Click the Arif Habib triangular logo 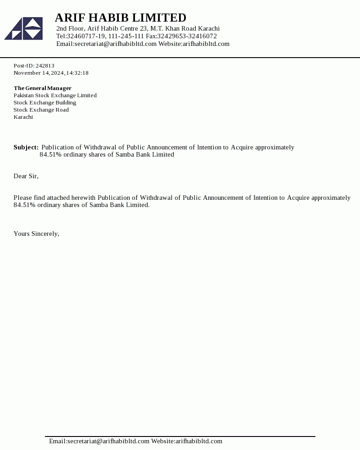tap(23, 28)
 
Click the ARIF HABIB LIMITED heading tap(120, 18)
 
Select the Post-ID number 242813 tap(45, 66)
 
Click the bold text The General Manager tap(42, 88)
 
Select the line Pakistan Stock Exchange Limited tap(55, 95)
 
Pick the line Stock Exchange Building tap(45, 103)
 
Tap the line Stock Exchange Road tap(41, 110)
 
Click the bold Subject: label tap(26, 147)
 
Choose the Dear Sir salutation tap(26, 176)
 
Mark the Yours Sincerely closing tap(36, 234)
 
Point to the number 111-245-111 tap(126, 36)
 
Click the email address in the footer tap(108, 441)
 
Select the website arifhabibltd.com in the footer tap(199, 441)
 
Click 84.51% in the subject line tap(50, 154)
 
